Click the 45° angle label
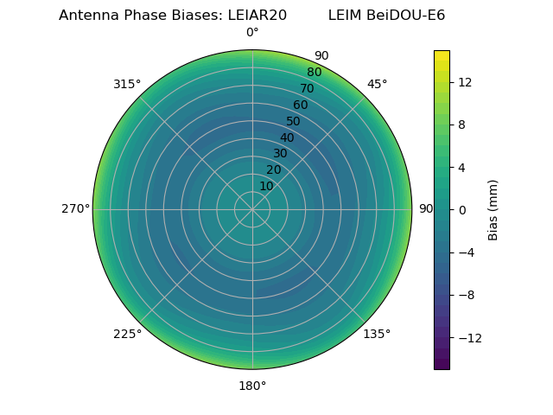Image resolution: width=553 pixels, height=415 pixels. point(377,84)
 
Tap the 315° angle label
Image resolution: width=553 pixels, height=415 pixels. point(127,84)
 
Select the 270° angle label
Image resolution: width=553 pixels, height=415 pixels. point(75,209)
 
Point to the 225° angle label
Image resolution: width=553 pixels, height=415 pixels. point(127,335)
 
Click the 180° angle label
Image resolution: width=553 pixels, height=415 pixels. point(252,386)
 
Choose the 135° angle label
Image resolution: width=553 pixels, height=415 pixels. point(377,335)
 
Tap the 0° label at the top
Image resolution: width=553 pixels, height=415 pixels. point(252,33)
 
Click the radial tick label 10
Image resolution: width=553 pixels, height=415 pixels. point(267,186)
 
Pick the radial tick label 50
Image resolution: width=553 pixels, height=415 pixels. point(294,122)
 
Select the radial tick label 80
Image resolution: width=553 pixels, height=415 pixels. point(315,72)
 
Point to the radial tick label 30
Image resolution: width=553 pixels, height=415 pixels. point(280,154)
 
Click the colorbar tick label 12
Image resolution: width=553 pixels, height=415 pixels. point(465,82)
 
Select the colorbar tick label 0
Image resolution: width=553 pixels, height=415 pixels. point(462,210)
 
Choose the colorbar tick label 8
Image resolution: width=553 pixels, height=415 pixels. point(462,124)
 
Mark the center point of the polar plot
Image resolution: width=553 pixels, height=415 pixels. point(252,209)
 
